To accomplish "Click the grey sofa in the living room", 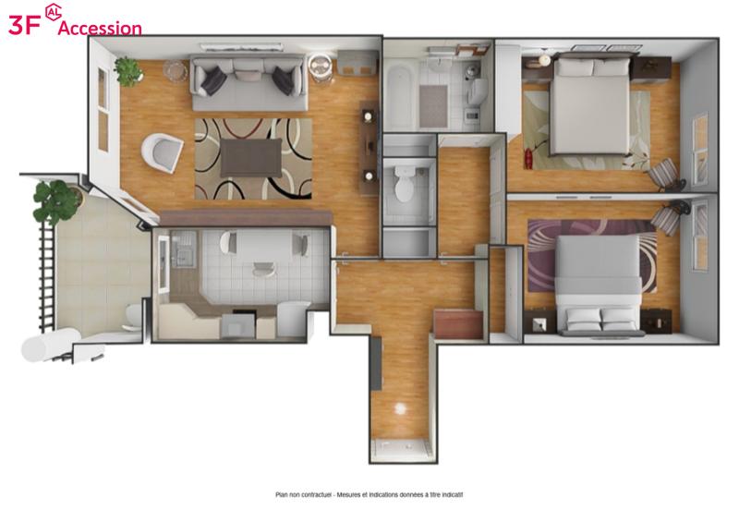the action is (x=248, y=82).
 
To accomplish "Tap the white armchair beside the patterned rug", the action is (x=163, y=152).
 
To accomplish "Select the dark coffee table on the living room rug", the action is (x=250, y=157).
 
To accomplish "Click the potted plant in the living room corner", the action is (x=127, y=71).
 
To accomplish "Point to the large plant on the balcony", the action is (x=55, y=201).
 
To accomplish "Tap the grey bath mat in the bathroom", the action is (x=433, y=106).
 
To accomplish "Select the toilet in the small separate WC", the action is (x=404, y=183).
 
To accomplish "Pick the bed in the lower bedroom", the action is (x=600, y=285).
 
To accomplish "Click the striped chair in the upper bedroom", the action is (x=664, y=175).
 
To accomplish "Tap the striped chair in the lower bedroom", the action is (x=668, y=217).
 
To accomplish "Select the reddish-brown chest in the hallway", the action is (x=458, y=323).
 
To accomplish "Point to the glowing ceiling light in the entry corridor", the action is (x=400, y=409).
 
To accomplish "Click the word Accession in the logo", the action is (x=100, y=28).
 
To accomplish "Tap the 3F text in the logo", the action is (x=24, y=25).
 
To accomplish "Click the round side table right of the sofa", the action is (x=321, y=67).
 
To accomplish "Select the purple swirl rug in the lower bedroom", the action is (x=592, y=256).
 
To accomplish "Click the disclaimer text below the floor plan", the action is (x=369, y=494).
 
